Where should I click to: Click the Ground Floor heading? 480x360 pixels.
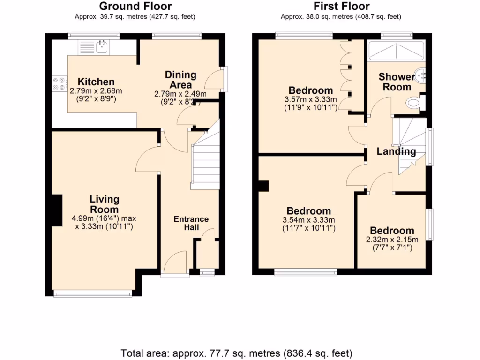(x=135, y=7)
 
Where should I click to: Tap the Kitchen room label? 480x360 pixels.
(x=96, y=82)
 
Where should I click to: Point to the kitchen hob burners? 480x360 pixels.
(x=59, y=83)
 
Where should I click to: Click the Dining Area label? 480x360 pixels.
(x=180, y=80)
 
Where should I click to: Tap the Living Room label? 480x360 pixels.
(x=104, y=204)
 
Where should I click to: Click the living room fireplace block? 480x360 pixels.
(x=56, y=210)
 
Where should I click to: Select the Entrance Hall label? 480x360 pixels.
(x=191, y=223)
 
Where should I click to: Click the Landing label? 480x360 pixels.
(x=396, y=151)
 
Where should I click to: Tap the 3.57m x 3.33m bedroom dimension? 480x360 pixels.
(x=311, y=99)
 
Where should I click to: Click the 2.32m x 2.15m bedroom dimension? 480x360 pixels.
(x=392, y=240)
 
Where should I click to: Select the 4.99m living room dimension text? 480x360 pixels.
(x=104, y=218)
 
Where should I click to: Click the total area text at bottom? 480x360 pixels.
(x=237, y=352)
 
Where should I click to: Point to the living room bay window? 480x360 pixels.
(x=92, y=294)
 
